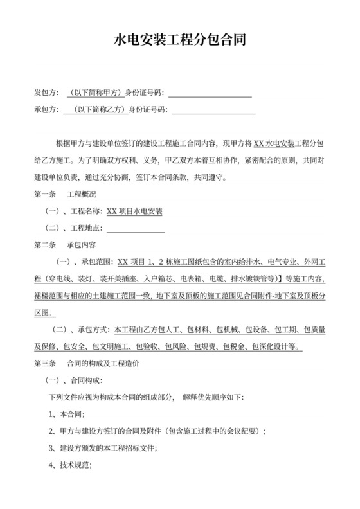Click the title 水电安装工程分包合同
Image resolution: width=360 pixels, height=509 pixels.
(x=179, y=42)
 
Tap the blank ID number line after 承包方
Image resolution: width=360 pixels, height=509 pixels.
(x=213, y=111)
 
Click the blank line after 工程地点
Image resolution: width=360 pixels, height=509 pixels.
(x=136, y=228)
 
